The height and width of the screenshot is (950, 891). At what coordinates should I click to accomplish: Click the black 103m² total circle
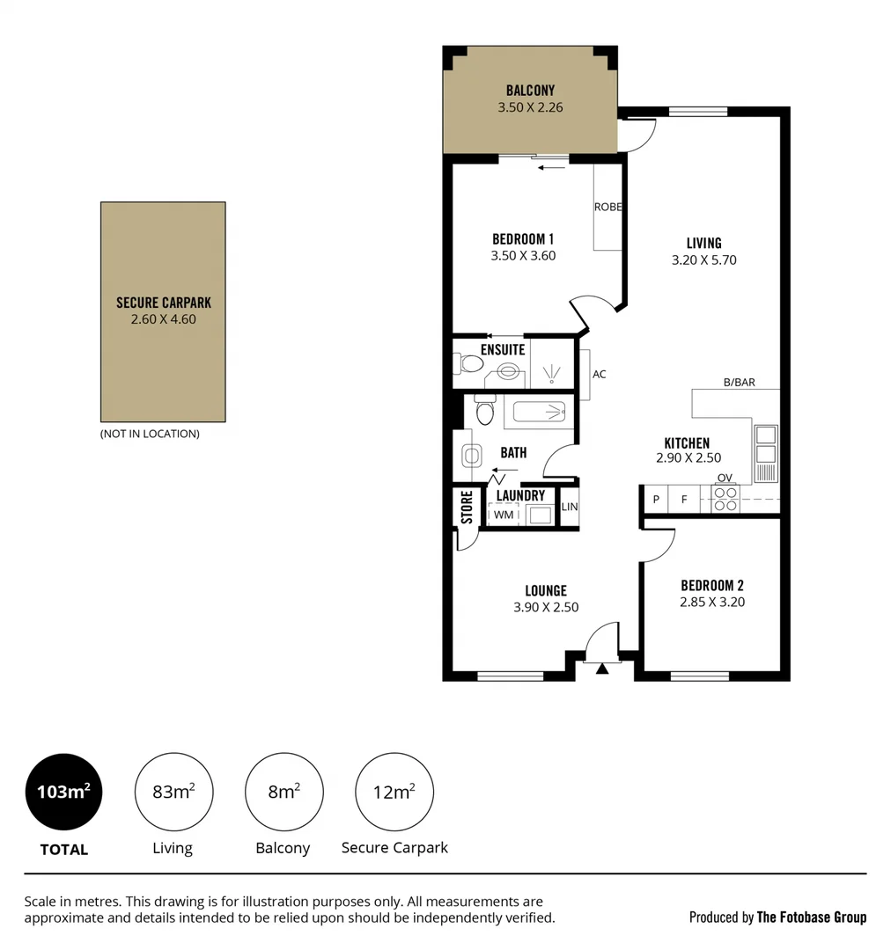pos(63,792)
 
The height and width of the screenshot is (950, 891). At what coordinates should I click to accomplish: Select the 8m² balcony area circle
pos(283,792)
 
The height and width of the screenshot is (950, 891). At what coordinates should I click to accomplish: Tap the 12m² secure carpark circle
pos(394,792)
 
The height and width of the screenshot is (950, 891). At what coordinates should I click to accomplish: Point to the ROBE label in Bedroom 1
pos(607,208)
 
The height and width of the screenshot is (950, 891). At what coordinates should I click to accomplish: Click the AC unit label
pos(599,374)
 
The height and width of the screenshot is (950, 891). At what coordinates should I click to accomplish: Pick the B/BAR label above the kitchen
pos(739,383)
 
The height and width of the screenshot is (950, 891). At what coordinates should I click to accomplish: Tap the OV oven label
pos(725,478)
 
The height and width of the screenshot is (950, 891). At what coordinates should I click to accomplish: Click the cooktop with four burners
pos(725,500)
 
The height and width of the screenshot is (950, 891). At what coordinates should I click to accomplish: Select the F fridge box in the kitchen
pos(683,500)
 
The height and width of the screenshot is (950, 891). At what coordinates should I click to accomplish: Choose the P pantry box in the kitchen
pos(655,500)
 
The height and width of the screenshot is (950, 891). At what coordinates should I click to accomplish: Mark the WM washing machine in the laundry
pos(503,515)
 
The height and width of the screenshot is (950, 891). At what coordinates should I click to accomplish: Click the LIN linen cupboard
pos(570,508)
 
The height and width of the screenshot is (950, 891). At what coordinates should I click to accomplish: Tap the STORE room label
pos(467,508)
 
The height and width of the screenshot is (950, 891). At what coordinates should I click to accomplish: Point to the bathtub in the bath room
pos(537,411)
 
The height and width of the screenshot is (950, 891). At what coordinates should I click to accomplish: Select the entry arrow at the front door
pos(602,669)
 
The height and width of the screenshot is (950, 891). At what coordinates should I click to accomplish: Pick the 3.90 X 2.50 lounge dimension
pos(546,607)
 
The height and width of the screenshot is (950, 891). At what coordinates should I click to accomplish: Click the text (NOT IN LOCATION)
pos(150,434)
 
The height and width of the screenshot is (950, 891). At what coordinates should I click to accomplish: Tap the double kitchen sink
pos(765,444)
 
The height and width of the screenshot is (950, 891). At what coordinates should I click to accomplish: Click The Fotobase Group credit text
pos(811,917)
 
